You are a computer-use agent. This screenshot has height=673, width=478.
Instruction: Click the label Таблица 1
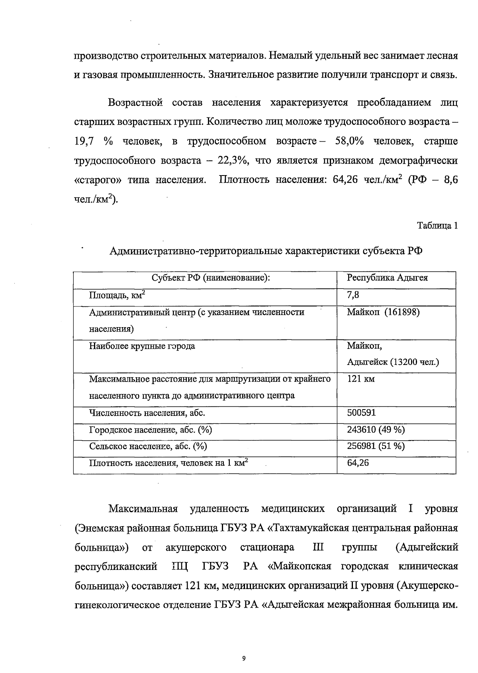(437, 226)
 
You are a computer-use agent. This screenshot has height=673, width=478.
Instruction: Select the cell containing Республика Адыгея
(387, 278)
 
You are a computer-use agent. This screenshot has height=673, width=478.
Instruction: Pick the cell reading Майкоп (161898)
(383, 312)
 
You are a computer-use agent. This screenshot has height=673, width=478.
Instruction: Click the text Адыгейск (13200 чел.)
(393, 362)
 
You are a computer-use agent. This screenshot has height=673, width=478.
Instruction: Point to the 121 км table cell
(361, 379)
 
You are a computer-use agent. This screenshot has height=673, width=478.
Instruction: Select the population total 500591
(361, 413)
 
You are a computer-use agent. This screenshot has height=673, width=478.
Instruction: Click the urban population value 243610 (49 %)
(376, 429)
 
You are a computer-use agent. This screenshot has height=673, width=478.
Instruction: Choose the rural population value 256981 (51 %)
(376, 446)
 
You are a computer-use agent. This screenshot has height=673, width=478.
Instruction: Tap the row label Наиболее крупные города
(142, 346)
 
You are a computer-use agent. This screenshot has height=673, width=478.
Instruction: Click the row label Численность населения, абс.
(147, 413)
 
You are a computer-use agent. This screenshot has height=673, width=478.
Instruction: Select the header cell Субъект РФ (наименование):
(211, 278)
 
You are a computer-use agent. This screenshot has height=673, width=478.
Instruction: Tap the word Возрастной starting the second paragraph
(135, 103)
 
